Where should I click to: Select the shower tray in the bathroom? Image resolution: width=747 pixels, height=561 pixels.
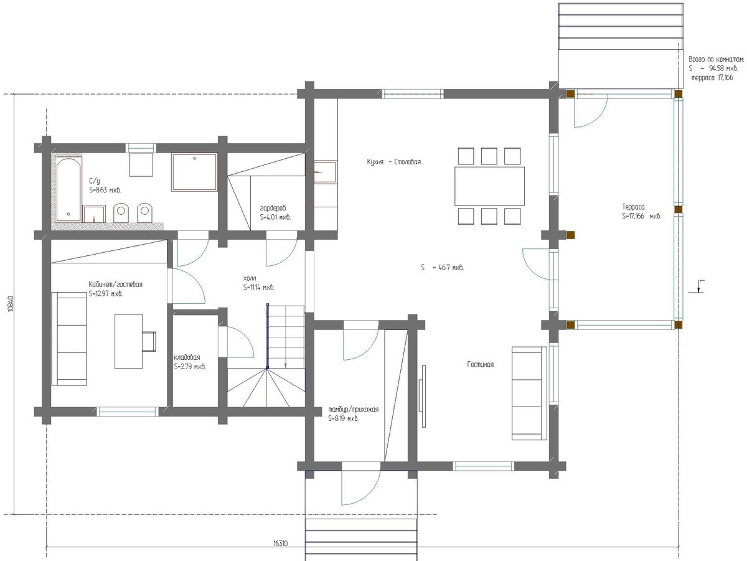[194, 172]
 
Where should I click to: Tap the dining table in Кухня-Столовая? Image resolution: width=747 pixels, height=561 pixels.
[489, 186]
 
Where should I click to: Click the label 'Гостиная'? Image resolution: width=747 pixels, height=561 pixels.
[480, 365]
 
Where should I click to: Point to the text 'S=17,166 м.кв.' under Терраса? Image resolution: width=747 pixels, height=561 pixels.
[642, 216]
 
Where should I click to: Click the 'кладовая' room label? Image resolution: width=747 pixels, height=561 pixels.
[187, 357]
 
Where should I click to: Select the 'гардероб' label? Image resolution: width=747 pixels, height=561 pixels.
[273, 208]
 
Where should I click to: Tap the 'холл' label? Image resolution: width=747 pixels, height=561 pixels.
[250, 278]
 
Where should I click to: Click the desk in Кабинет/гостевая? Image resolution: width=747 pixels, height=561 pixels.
[128, 341]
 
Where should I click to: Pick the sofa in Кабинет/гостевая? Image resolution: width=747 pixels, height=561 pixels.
[69, 339]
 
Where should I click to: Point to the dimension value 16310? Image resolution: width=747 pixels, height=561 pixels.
[280, 544]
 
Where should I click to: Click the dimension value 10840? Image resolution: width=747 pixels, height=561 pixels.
[10, 304]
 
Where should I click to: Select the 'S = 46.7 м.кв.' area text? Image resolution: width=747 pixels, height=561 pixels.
[442, 268]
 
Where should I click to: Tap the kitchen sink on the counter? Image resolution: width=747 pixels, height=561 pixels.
[325, 172]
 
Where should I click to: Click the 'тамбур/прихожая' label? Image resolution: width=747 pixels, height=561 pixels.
[353, 410]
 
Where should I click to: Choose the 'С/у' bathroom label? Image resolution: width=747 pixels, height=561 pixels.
[94, 181]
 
